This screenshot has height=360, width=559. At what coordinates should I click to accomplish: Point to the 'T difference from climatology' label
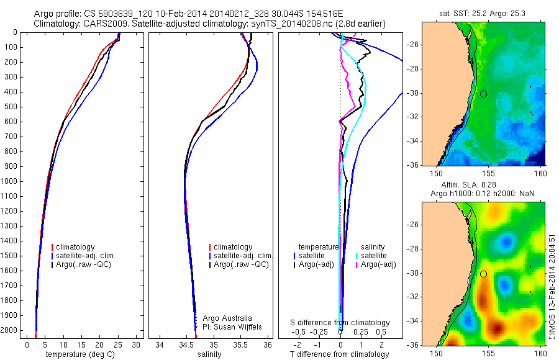(x=339, y=354)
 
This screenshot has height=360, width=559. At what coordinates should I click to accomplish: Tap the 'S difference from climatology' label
(x=340, y=323)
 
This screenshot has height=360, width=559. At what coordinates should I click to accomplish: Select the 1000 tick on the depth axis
(x=12, y=181)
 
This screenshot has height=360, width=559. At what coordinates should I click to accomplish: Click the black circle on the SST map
(x=483, y=94)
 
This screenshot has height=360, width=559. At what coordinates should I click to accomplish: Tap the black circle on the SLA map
(x=483, y=274)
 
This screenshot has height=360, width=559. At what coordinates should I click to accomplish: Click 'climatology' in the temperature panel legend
(x=75, y=247)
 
